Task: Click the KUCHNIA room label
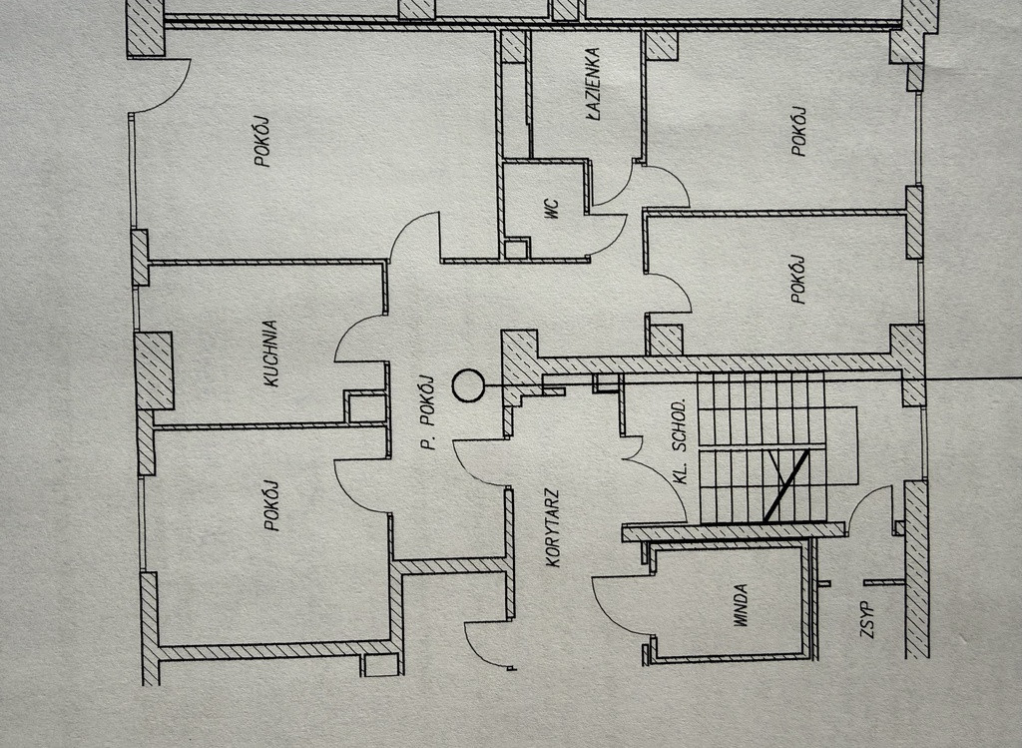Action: pyautogui.click(x=271, y=354)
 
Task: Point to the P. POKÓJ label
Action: pyautogui.click(x=427, y=412)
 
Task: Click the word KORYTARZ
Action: pyautogui.click(x=553, y=528)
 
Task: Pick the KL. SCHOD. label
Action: pyautogui.click(x=680, y=441)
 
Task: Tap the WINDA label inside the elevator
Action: pyautogui.click(x=741, y=606)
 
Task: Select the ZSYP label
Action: pyautogui.click(x=867, y=619)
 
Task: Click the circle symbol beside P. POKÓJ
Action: pyautogui.click(x=468, y=385)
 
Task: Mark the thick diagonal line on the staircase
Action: pyautogui.click(x=786, y=484)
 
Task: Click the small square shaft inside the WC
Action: pyautogui.click(x=515, y=249)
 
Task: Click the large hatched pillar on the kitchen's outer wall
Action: pyautogui.click(x=154, y=371)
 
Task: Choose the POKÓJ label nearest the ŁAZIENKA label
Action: pyautogui.click(x=799, y=131)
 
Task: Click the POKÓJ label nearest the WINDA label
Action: pyautogui.click(x=799, y=279)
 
